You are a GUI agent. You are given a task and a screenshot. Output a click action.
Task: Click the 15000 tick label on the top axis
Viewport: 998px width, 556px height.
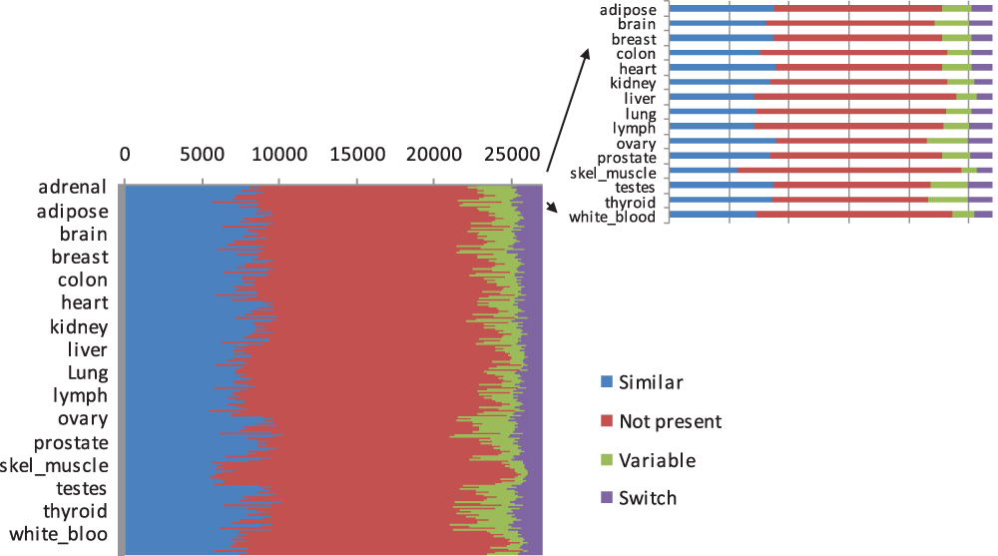[356, 155]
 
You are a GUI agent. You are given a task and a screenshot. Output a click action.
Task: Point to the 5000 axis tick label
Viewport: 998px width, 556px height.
[203, 155]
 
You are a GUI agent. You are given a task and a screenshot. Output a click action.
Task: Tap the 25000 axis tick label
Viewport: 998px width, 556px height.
[511, 155]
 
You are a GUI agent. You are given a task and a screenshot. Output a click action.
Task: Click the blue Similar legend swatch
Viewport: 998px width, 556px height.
[606, 382]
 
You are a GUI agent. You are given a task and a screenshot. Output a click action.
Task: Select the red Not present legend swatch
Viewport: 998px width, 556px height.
[606, 421]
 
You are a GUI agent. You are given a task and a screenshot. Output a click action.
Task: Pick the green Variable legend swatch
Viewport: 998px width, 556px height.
[606, 460]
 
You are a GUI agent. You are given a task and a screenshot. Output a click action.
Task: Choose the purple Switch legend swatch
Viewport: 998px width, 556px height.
[606, 498]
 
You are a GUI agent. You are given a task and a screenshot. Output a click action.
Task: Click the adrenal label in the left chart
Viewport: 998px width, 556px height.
[73, 187]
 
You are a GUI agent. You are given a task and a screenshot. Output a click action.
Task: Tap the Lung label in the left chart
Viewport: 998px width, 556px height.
[88, 373]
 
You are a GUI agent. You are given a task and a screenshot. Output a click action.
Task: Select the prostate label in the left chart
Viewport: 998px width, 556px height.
[71, 443]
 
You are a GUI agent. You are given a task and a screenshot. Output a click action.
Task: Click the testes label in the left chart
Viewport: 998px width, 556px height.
[82, 489]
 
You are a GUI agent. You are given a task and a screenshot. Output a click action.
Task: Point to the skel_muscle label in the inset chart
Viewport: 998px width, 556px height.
[613, 173]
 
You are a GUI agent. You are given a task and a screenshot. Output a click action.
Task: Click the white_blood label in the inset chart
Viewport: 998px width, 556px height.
[612, 217]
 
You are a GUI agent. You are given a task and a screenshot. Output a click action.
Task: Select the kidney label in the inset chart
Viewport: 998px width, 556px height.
[633, 84]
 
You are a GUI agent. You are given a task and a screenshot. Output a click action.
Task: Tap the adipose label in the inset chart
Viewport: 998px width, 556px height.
[628, 10]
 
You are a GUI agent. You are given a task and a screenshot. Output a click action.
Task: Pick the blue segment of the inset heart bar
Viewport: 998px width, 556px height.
[722, 68]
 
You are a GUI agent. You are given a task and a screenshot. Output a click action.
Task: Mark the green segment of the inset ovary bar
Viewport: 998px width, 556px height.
[947, 141]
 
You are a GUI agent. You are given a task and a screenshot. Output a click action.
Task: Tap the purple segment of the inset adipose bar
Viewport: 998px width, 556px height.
[982, 9]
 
